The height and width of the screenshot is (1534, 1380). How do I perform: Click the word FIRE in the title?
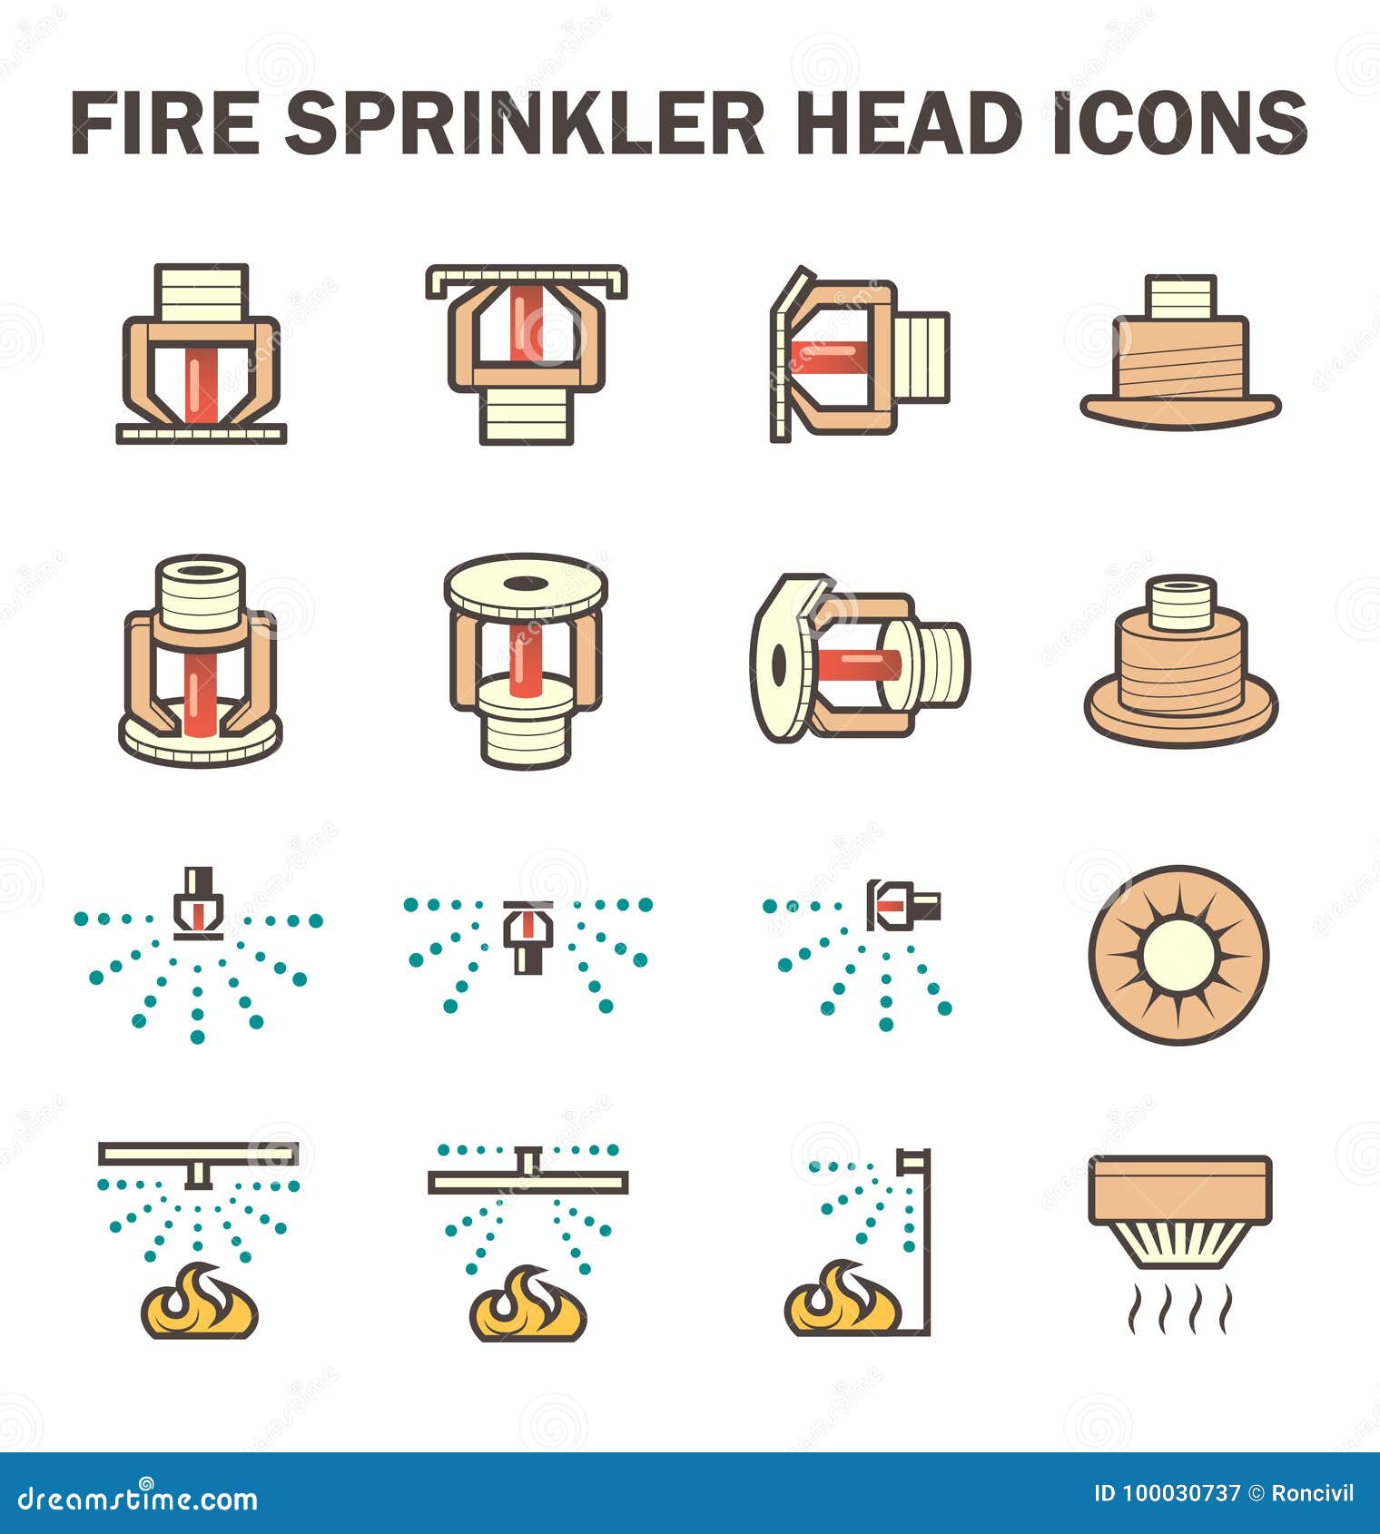(166, 123)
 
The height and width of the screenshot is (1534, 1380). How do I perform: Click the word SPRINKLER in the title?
(525, 123)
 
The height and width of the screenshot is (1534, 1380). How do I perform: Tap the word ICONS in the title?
(1179, 123)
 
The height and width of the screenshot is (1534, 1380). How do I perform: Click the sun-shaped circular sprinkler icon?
(1178, 955)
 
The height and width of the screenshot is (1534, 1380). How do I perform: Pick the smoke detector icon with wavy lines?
(1179, 1216)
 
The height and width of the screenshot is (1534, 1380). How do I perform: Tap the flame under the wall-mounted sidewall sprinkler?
(843, 1300)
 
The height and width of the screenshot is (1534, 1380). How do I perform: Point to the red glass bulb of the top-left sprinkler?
(201, 386)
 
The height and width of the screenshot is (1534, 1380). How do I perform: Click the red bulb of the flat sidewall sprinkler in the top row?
(826, 358)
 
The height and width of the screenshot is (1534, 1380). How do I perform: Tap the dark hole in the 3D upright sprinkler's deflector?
(524, 584)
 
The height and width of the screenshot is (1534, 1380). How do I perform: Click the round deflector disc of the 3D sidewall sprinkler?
(779, 661)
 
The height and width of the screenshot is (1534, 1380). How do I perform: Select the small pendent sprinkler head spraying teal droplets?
(198, 903)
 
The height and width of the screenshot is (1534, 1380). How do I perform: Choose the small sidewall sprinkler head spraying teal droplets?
(902, 905)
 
